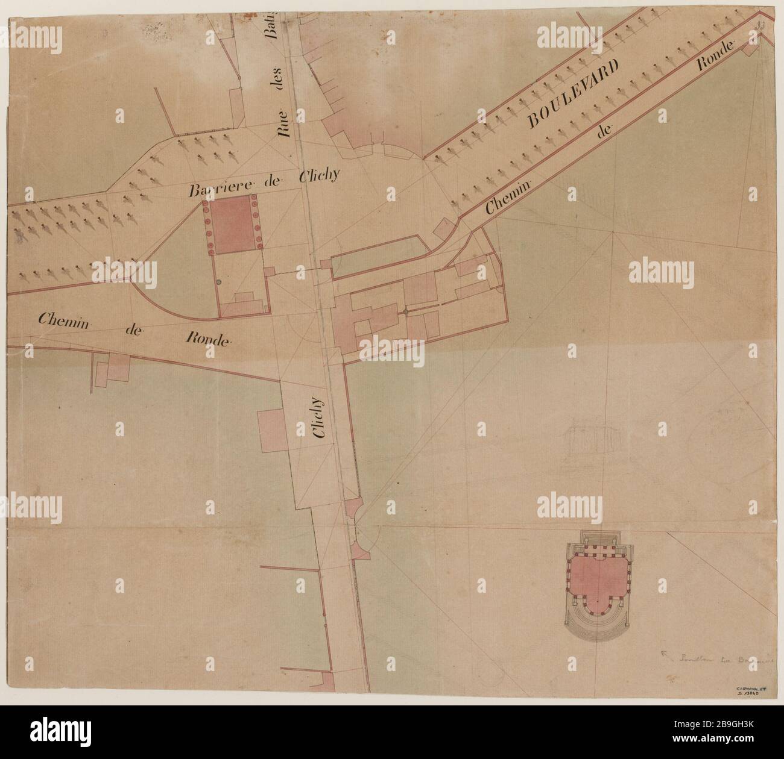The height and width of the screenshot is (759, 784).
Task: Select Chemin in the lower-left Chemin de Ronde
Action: (64, 320)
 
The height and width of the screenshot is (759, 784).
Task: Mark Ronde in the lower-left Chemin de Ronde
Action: (209, 338)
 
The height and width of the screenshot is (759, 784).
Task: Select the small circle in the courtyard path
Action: (406, 310)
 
